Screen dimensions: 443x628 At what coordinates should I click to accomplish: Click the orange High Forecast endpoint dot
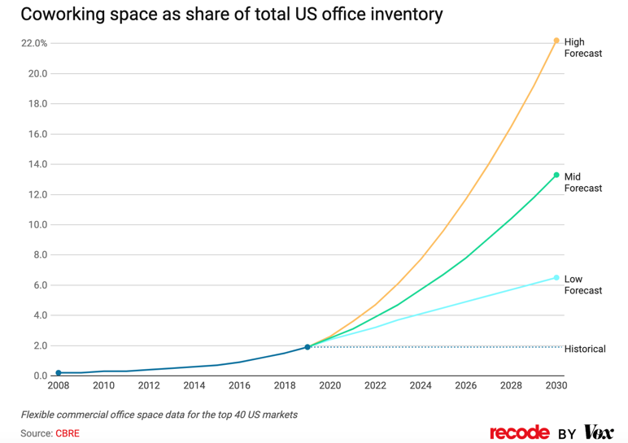[x=556, y=41]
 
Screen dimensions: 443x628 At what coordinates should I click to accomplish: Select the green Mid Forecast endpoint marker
[x=556, y=175]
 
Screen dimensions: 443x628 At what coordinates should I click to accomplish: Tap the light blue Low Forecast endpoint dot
[x=556, y=278]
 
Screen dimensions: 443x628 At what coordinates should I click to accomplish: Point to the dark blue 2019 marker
[x=307, y=347]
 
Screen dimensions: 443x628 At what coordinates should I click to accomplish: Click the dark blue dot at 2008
[x=59, y=373]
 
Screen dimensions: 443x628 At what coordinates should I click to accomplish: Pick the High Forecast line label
[x=583, y=48]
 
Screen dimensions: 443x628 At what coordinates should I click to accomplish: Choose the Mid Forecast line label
[x=583, y=182]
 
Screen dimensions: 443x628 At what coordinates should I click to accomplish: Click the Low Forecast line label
[x=583, y=284]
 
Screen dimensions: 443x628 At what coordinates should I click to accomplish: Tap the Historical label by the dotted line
[x=585, y=349]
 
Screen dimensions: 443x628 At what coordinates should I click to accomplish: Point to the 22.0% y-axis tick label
[x=34, y=43]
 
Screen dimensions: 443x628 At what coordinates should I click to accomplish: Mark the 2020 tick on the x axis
[x=329, y=385]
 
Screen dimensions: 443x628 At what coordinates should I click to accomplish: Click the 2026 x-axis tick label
[x=465, y=385]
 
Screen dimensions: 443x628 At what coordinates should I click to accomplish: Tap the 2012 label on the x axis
[x=149, y=385]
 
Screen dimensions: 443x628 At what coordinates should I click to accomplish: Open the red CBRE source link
[x=68, y=433]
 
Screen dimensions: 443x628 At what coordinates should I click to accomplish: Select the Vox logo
[x=599, y=432]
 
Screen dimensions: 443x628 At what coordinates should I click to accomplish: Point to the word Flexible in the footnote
[x=41, y=415]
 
